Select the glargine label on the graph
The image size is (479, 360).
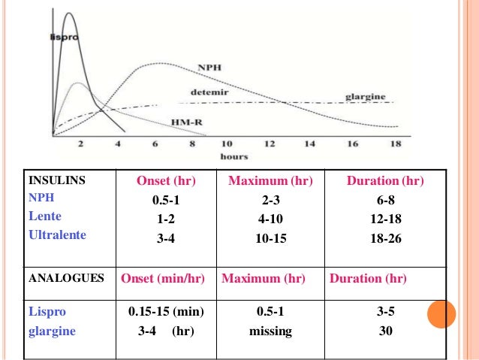click(365, 97)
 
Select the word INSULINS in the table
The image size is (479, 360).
click(57, 181)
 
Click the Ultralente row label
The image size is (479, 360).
click(57, 234)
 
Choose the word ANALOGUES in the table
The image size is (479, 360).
click(66, 278)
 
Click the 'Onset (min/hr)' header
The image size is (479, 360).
click(164, 278)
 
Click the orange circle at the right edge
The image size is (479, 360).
click(442, 314)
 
